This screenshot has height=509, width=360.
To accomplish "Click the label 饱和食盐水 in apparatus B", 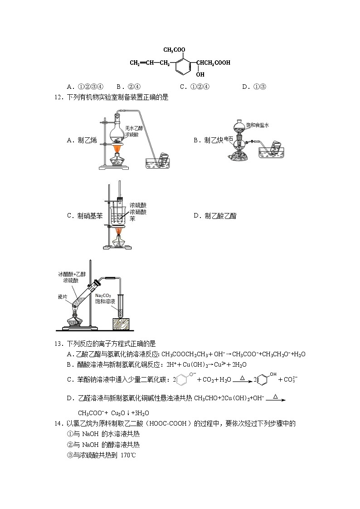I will [257, 125].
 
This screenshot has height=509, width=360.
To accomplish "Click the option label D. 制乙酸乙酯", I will [214, 216].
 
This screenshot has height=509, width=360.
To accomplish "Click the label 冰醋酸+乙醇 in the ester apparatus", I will [71, 274].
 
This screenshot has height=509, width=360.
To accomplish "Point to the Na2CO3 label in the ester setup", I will [103, 295].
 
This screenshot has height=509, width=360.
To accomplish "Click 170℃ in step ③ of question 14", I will [128, 455].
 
